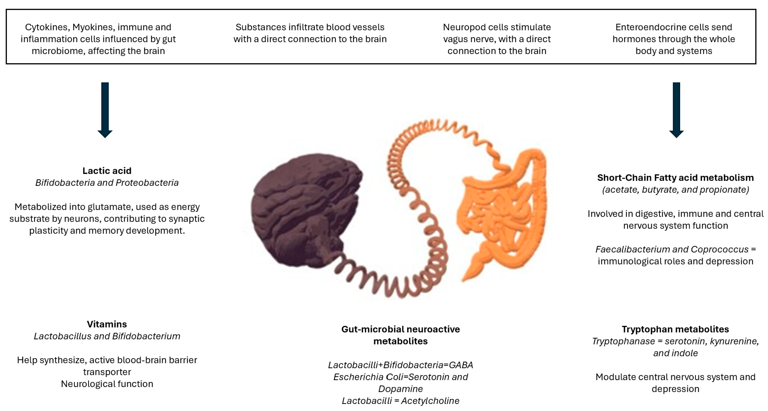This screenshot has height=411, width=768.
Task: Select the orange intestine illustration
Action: (501, 212)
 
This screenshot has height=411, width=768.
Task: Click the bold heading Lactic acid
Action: (107, 171)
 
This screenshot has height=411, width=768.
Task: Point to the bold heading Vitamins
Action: (107, 324)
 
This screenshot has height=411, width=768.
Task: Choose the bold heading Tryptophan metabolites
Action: (675, 329)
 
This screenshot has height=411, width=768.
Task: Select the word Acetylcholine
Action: (430, 401)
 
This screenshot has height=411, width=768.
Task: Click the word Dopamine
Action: (400, 389)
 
